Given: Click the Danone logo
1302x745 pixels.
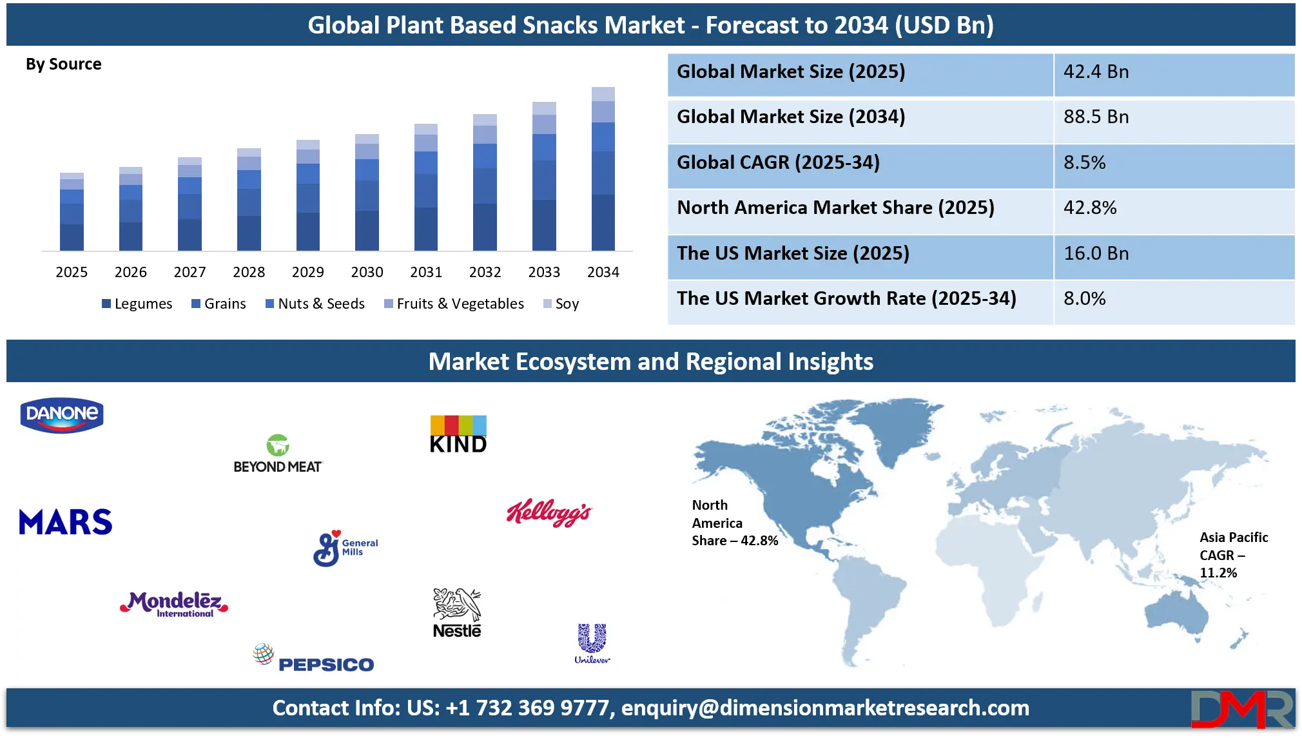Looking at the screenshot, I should pyautogui.click(x=62, y=415).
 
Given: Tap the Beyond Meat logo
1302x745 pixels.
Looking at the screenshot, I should pyautogui.click(x=277, y=455).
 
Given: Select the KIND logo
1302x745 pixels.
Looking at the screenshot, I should pyautogui.click(x=458, y=435).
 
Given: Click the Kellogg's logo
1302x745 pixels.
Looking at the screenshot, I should pyautogui.click(x=549, y=513).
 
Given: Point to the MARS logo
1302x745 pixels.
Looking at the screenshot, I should pyautogui.click(x=66, y=522).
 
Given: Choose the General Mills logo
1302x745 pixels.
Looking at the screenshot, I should pyautogui.click(x=345, y=548).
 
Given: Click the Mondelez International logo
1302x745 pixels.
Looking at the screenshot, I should pyautogui.click(x=174, y=605).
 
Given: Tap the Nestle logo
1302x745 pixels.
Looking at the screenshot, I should pyautogui.click(x=457, y=613).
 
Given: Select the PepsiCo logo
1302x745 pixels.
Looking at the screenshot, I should pyautogui.click(x=314, y=659).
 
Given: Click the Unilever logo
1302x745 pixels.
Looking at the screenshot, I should pyautogui.click(x=592, y=643).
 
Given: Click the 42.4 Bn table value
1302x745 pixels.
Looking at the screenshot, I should pyautogui.click(x=1096, y=72).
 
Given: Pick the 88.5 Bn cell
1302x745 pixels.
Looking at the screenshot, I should pyautogui.click(x=1096, y=117).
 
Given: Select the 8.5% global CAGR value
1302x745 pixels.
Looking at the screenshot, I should pyautogui.click(x=1084, y=162).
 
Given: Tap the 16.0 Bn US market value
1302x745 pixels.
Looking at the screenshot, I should pyautogui.click(x=1096, y=253).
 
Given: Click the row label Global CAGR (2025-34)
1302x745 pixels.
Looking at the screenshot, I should pyautogui.click(x=778, y=162).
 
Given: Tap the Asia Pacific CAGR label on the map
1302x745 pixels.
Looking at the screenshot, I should pyautogui.click(x=1233, y=555).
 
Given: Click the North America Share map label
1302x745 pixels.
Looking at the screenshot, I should pyautogui.click(x=734, y=523).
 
